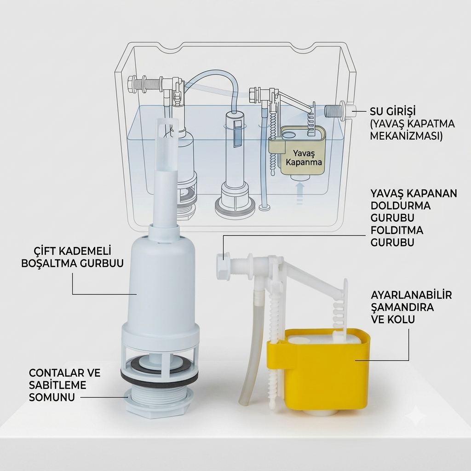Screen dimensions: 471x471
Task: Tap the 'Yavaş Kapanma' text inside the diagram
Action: coord(304,158)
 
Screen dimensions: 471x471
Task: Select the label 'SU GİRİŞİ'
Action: coord(393,111)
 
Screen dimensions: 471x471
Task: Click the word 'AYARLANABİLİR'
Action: coord(411,295)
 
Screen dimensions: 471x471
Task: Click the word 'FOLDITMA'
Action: coord(397,230)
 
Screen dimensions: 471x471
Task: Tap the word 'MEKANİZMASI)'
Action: coord(407,136)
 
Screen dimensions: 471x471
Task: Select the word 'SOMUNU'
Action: coord(52,397)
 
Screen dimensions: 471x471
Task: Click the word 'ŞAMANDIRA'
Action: coord(402,307)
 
